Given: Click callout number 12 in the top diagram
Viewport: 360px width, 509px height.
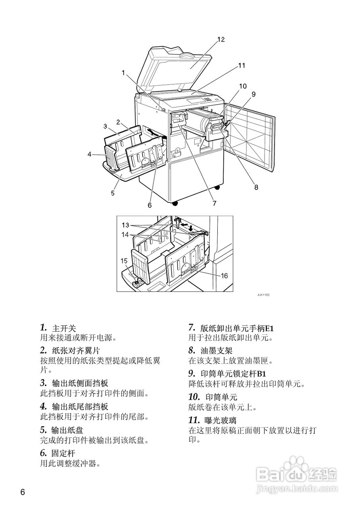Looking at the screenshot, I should click(221, 39).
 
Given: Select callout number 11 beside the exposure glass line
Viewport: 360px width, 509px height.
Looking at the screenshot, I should click(242, 66).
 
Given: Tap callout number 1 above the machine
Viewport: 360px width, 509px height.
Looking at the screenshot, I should click(124, 73).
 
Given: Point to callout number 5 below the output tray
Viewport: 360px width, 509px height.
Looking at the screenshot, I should click(113, 193).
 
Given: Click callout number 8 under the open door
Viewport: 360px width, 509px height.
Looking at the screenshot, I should click(256, 187).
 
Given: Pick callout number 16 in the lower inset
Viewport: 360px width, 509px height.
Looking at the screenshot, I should click(225, 276).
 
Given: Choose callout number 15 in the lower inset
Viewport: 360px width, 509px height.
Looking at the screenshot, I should click(125, 261).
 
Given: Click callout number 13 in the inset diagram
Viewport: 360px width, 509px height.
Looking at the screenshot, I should click(126, 225).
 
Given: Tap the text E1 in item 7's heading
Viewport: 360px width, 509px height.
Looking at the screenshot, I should click(269, 328).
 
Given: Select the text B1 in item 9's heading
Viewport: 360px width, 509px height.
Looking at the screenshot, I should click(261, 374).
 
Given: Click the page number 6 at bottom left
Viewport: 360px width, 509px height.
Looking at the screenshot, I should click(23, 492).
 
